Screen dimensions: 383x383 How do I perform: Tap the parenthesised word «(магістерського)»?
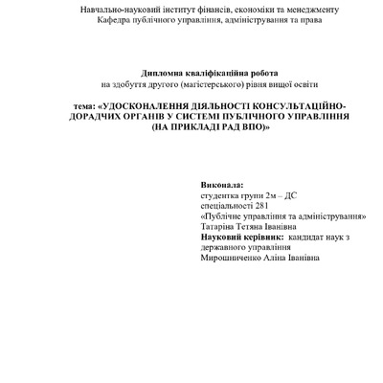click(211, 83)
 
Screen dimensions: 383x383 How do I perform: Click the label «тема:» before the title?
click(85, 105)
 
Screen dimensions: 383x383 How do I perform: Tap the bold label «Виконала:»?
click(222, 182)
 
